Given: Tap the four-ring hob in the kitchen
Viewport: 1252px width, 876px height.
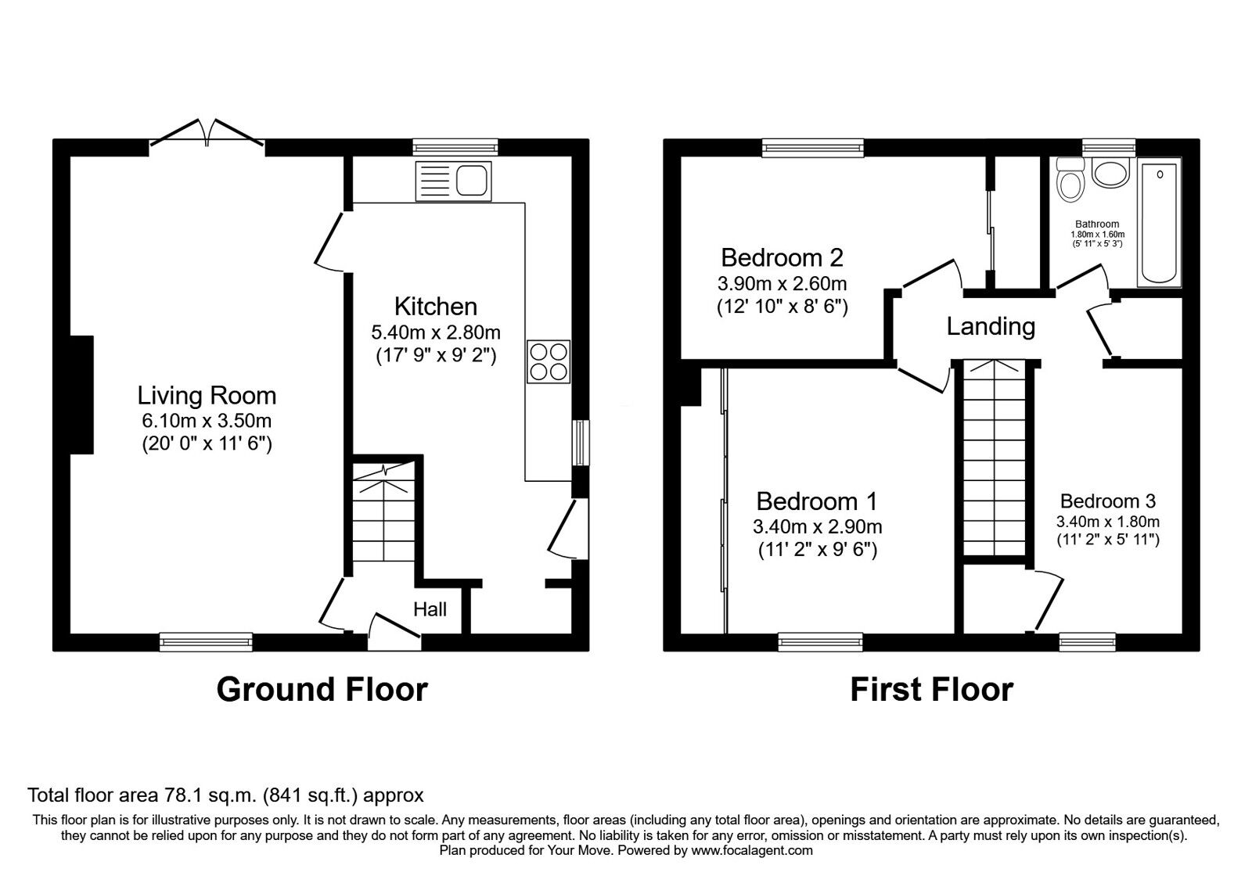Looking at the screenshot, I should (548, 361).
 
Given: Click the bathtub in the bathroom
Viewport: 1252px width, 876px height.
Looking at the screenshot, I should (1160, 224).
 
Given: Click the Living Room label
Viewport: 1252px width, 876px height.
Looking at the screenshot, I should (207, 396).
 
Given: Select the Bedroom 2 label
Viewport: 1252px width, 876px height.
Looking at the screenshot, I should (782, 257).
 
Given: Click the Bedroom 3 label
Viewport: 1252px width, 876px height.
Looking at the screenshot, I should (1107, 501).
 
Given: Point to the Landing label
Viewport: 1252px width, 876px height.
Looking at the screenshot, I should (991, 326).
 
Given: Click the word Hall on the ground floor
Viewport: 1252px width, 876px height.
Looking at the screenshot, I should (430, 609).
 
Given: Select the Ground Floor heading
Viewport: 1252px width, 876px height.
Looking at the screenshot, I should (322, 690).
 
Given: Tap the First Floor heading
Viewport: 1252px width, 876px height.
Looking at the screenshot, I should (931, 690).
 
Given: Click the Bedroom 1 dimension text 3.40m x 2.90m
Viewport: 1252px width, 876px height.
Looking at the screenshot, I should (817, 526).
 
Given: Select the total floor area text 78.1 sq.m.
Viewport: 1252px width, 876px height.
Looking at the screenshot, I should (225, 795).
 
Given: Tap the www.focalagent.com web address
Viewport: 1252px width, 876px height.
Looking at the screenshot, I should (752, 850).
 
